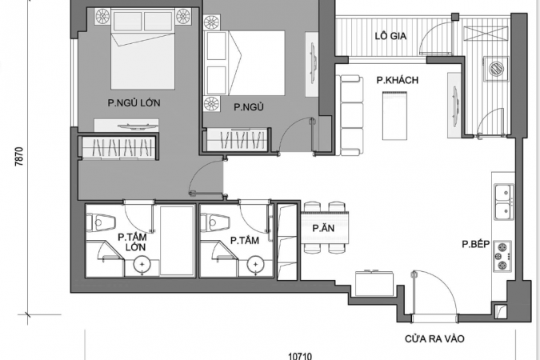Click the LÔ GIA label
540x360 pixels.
point(390,35)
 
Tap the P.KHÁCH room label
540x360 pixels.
point(398,80)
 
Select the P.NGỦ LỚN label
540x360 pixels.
point(134,102)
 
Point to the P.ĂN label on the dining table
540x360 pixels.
point(323,228)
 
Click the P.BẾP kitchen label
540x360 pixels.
point(475,244)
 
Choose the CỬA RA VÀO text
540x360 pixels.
point(434,339)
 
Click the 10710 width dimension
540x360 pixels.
point(300,356)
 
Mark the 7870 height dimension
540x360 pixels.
point(20,157)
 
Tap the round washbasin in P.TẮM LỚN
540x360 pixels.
point(142,265)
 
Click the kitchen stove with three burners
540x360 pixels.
point(502,256)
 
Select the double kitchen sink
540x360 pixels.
point(504,202)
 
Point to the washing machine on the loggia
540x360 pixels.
point(496,69)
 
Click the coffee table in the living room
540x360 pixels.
point(394,115)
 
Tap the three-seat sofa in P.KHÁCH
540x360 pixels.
point(352,115)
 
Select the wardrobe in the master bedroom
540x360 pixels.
point(118,147)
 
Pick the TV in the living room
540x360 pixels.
point(455,105)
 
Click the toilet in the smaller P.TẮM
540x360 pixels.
point(215,222)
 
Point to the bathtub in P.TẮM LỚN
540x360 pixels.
point(178,241)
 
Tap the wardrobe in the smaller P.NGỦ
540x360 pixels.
point(236,140)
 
